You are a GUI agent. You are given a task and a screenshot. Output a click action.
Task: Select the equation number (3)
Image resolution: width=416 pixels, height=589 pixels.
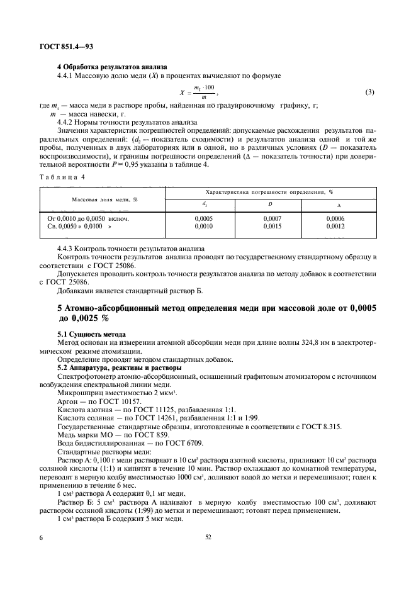pyautogui.click(x=369, y=93)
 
